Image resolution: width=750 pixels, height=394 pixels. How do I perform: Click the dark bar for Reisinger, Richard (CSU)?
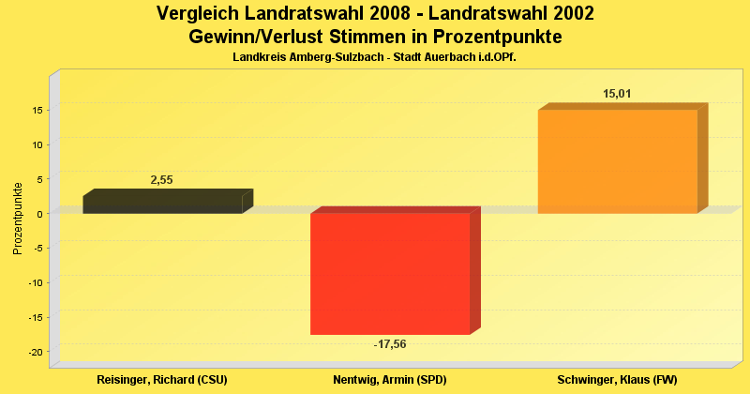click(162, 204)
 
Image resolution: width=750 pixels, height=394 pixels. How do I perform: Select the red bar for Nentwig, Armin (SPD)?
click(389, 273)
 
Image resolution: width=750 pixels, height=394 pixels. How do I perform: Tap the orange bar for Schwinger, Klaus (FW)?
click(617, 161)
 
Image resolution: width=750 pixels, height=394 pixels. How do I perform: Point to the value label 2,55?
click(162, 179)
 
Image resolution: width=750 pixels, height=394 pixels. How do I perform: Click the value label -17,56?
click(390, 344)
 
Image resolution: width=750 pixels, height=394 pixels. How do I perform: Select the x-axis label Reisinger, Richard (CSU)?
click(162, 379)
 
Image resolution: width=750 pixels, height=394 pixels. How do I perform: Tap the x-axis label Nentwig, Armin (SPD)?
click(389, 379)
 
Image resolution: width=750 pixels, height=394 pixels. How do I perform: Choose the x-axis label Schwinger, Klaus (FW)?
click(617, 379)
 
